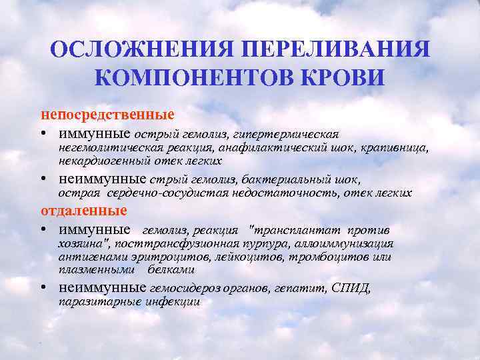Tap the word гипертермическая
pos(299,135)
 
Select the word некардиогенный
pos(99,161)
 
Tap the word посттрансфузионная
pos(178,244)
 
